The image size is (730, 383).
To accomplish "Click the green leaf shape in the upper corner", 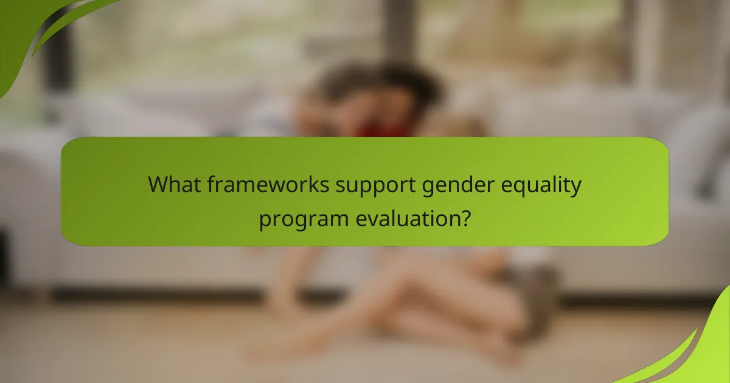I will (36, 30).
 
